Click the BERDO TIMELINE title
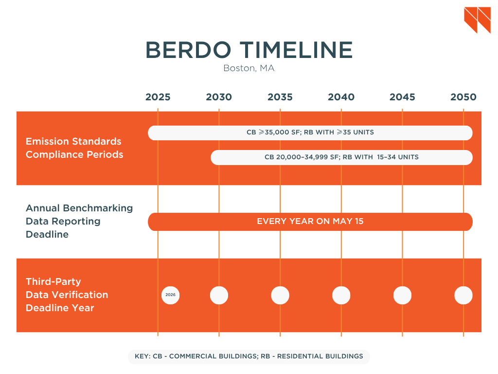point(249,50)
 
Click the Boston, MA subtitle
point(249,68)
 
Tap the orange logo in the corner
point(477,20)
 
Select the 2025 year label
point(158,97)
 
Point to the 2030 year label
point(219,97)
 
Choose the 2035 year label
point(280,97)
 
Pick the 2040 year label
point(341,97)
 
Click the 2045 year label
point(402,97)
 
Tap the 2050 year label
point(463,97)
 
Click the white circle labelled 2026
point(170,295)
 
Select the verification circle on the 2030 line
point(219,295)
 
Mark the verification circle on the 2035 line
point(280,295)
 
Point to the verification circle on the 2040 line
point(341,295)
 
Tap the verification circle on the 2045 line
point(402,295)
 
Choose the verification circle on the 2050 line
point(463,295)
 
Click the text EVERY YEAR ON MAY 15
point(310,222)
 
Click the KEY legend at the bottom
point(249,356)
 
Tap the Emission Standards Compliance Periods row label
point(74,148)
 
